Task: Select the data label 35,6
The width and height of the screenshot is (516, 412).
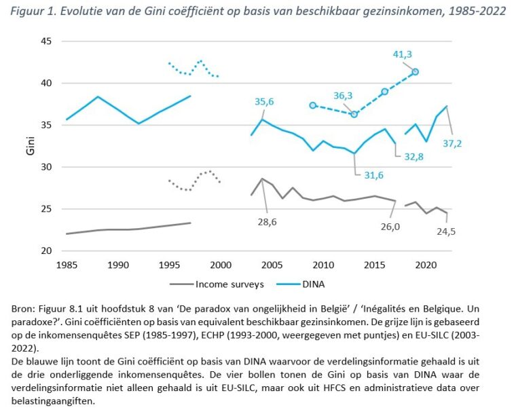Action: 265,102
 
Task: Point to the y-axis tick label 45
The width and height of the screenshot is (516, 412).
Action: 47,41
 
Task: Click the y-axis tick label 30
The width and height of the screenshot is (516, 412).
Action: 47,167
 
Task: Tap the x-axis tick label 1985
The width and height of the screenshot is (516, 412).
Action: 66,264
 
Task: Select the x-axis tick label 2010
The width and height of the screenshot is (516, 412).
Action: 323,264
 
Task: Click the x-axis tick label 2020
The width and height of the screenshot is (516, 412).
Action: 426,264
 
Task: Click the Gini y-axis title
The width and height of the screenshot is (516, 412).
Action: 29,146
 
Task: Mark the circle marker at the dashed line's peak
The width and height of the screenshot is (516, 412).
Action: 415,72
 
